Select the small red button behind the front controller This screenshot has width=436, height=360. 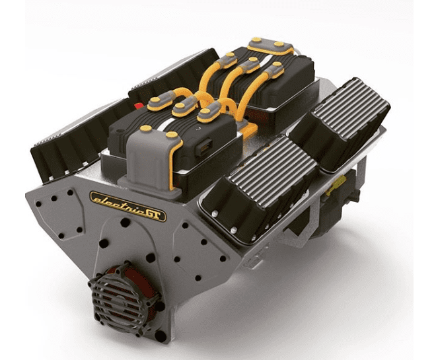138,105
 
